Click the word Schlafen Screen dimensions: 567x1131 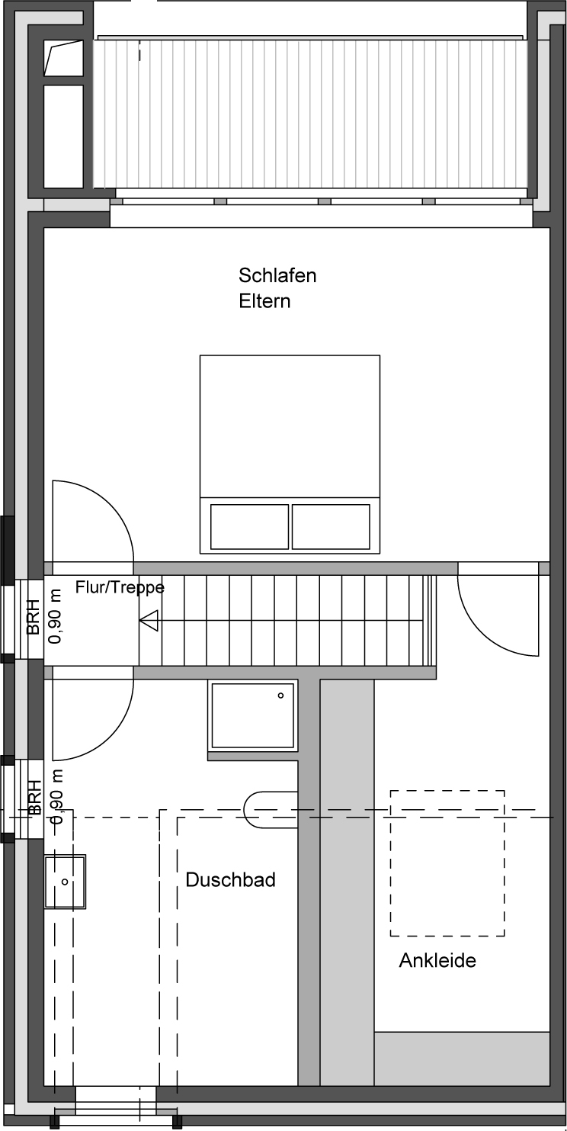pyautogui.click(x=277, y=275)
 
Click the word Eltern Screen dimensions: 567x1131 pyautogui.click(x=264, y=301)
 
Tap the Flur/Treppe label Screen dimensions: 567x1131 pyautogui.click(x=120, y=588)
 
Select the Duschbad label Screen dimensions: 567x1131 pyautogui.click(x=230, y=880)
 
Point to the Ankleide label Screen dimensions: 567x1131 pyautogui.click(x=437, y=960)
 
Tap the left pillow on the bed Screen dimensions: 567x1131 pyautogui.click(x=250, y=527)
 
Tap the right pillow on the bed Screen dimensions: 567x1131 pyautogui.click(x=331, y=527)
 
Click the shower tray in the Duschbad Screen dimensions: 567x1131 pyautogui.click(x=253, y=716)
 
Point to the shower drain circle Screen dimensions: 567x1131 pyautogui.click(x=280, y=696)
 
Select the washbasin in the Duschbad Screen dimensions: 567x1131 pyautogui.click(x=65, y=882)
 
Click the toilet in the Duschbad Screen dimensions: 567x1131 pyautogui.click(x=271, y=809)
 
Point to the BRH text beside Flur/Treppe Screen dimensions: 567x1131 pyautogui.click(x=34, y=616)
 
